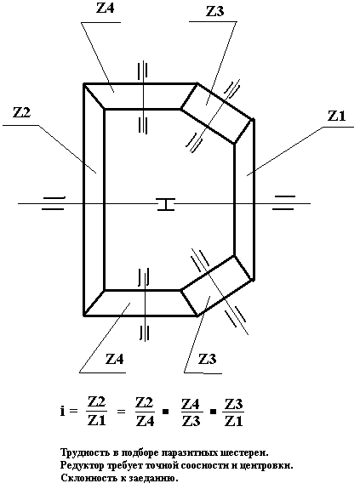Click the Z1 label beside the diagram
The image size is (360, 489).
337,116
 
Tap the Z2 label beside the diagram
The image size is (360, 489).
21,112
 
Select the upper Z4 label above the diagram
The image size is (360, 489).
106,8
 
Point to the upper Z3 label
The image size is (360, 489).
215,11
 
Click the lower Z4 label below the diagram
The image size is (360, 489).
115,359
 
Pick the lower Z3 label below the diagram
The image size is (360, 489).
207,359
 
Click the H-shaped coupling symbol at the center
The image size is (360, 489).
166,204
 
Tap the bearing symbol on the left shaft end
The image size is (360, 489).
54,203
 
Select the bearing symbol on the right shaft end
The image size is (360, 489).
283,202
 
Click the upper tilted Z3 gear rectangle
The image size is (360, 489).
217,113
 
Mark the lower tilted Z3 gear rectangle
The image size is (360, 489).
217,286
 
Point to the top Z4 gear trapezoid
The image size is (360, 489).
140,96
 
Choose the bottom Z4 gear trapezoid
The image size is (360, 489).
140,303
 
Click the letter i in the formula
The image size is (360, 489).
63,411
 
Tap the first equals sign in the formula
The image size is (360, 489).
74,412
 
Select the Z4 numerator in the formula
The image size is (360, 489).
191,404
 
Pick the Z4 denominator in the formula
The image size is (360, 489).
145,421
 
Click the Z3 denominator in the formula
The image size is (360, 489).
191,421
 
